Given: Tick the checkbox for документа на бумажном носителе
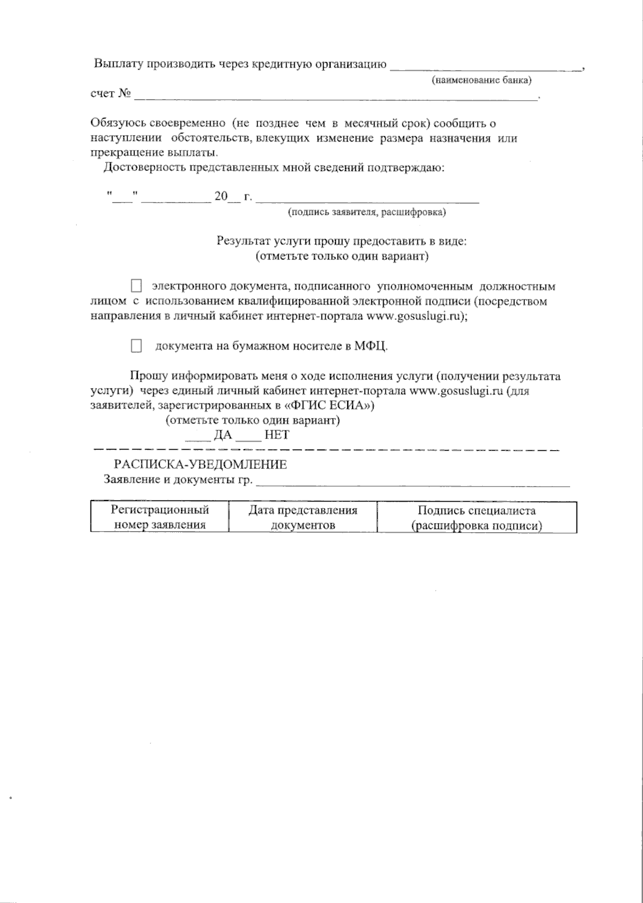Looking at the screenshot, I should pyautogui.click(x=137, y=346).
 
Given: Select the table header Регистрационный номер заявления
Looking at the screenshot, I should pyautogui.click(x=160, y=517).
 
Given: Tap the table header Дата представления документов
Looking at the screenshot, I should pyautogui.click(x=303, y=517).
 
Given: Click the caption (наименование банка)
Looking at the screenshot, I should pyautogui.click(x=481, y=80).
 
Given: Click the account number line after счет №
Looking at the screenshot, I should pyautogui.click(x=335, y=98).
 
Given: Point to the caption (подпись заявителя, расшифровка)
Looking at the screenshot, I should pyautogui.click(x=367, y=212).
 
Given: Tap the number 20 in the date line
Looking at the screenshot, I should pyautogui.click(x=221, y=197).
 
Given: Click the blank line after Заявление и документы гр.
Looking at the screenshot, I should pyautogui.click(x=413, y=483).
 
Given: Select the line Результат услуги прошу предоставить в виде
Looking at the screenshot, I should pyautogui.click(x=342, y=241).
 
